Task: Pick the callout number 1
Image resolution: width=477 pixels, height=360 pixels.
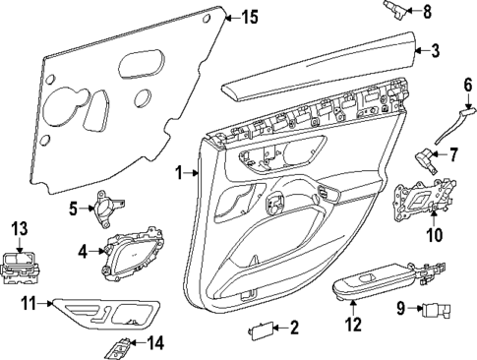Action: pyautogui.click(x=179, y=173)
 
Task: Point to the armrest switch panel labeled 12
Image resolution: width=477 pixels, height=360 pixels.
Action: pyautogui.click(x=375, y=282)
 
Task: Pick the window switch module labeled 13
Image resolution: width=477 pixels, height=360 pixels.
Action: pyautogui.click(x=22, y=266)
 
